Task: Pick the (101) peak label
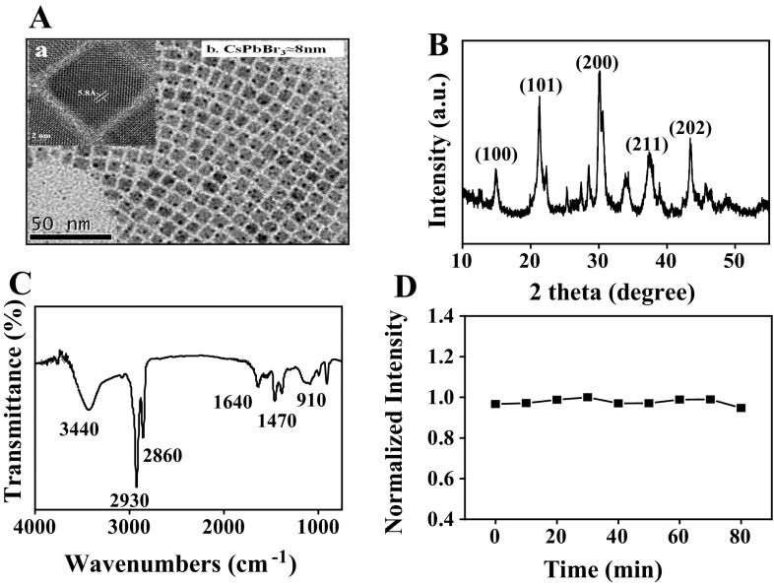tap(540, 86)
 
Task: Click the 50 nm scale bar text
tap(61, 223)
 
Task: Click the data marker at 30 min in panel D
tap(588, 397)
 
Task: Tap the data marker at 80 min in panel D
tap(741, 408)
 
